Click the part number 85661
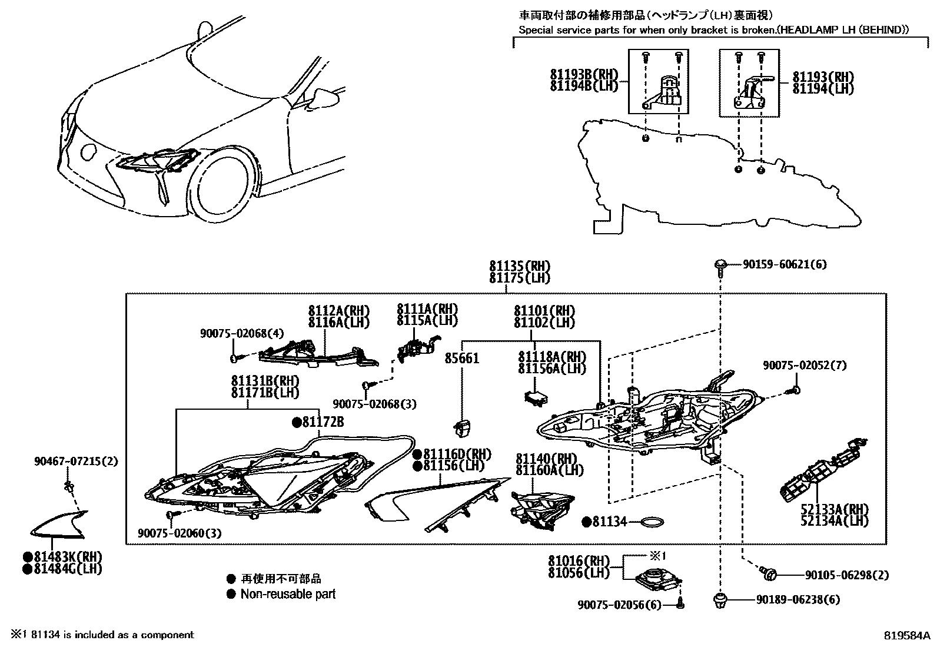tap(461, 358)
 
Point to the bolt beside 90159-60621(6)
tap(719, 266)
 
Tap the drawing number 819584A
tap(906, 635)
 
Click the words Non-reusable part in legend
tap(288, 594)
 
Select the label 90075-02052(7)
tap(805, 366)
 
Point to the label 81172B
tap(323, 422)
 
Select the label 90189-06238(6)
tap(798, 600)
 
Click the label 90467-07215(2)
tap(76, 461)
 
